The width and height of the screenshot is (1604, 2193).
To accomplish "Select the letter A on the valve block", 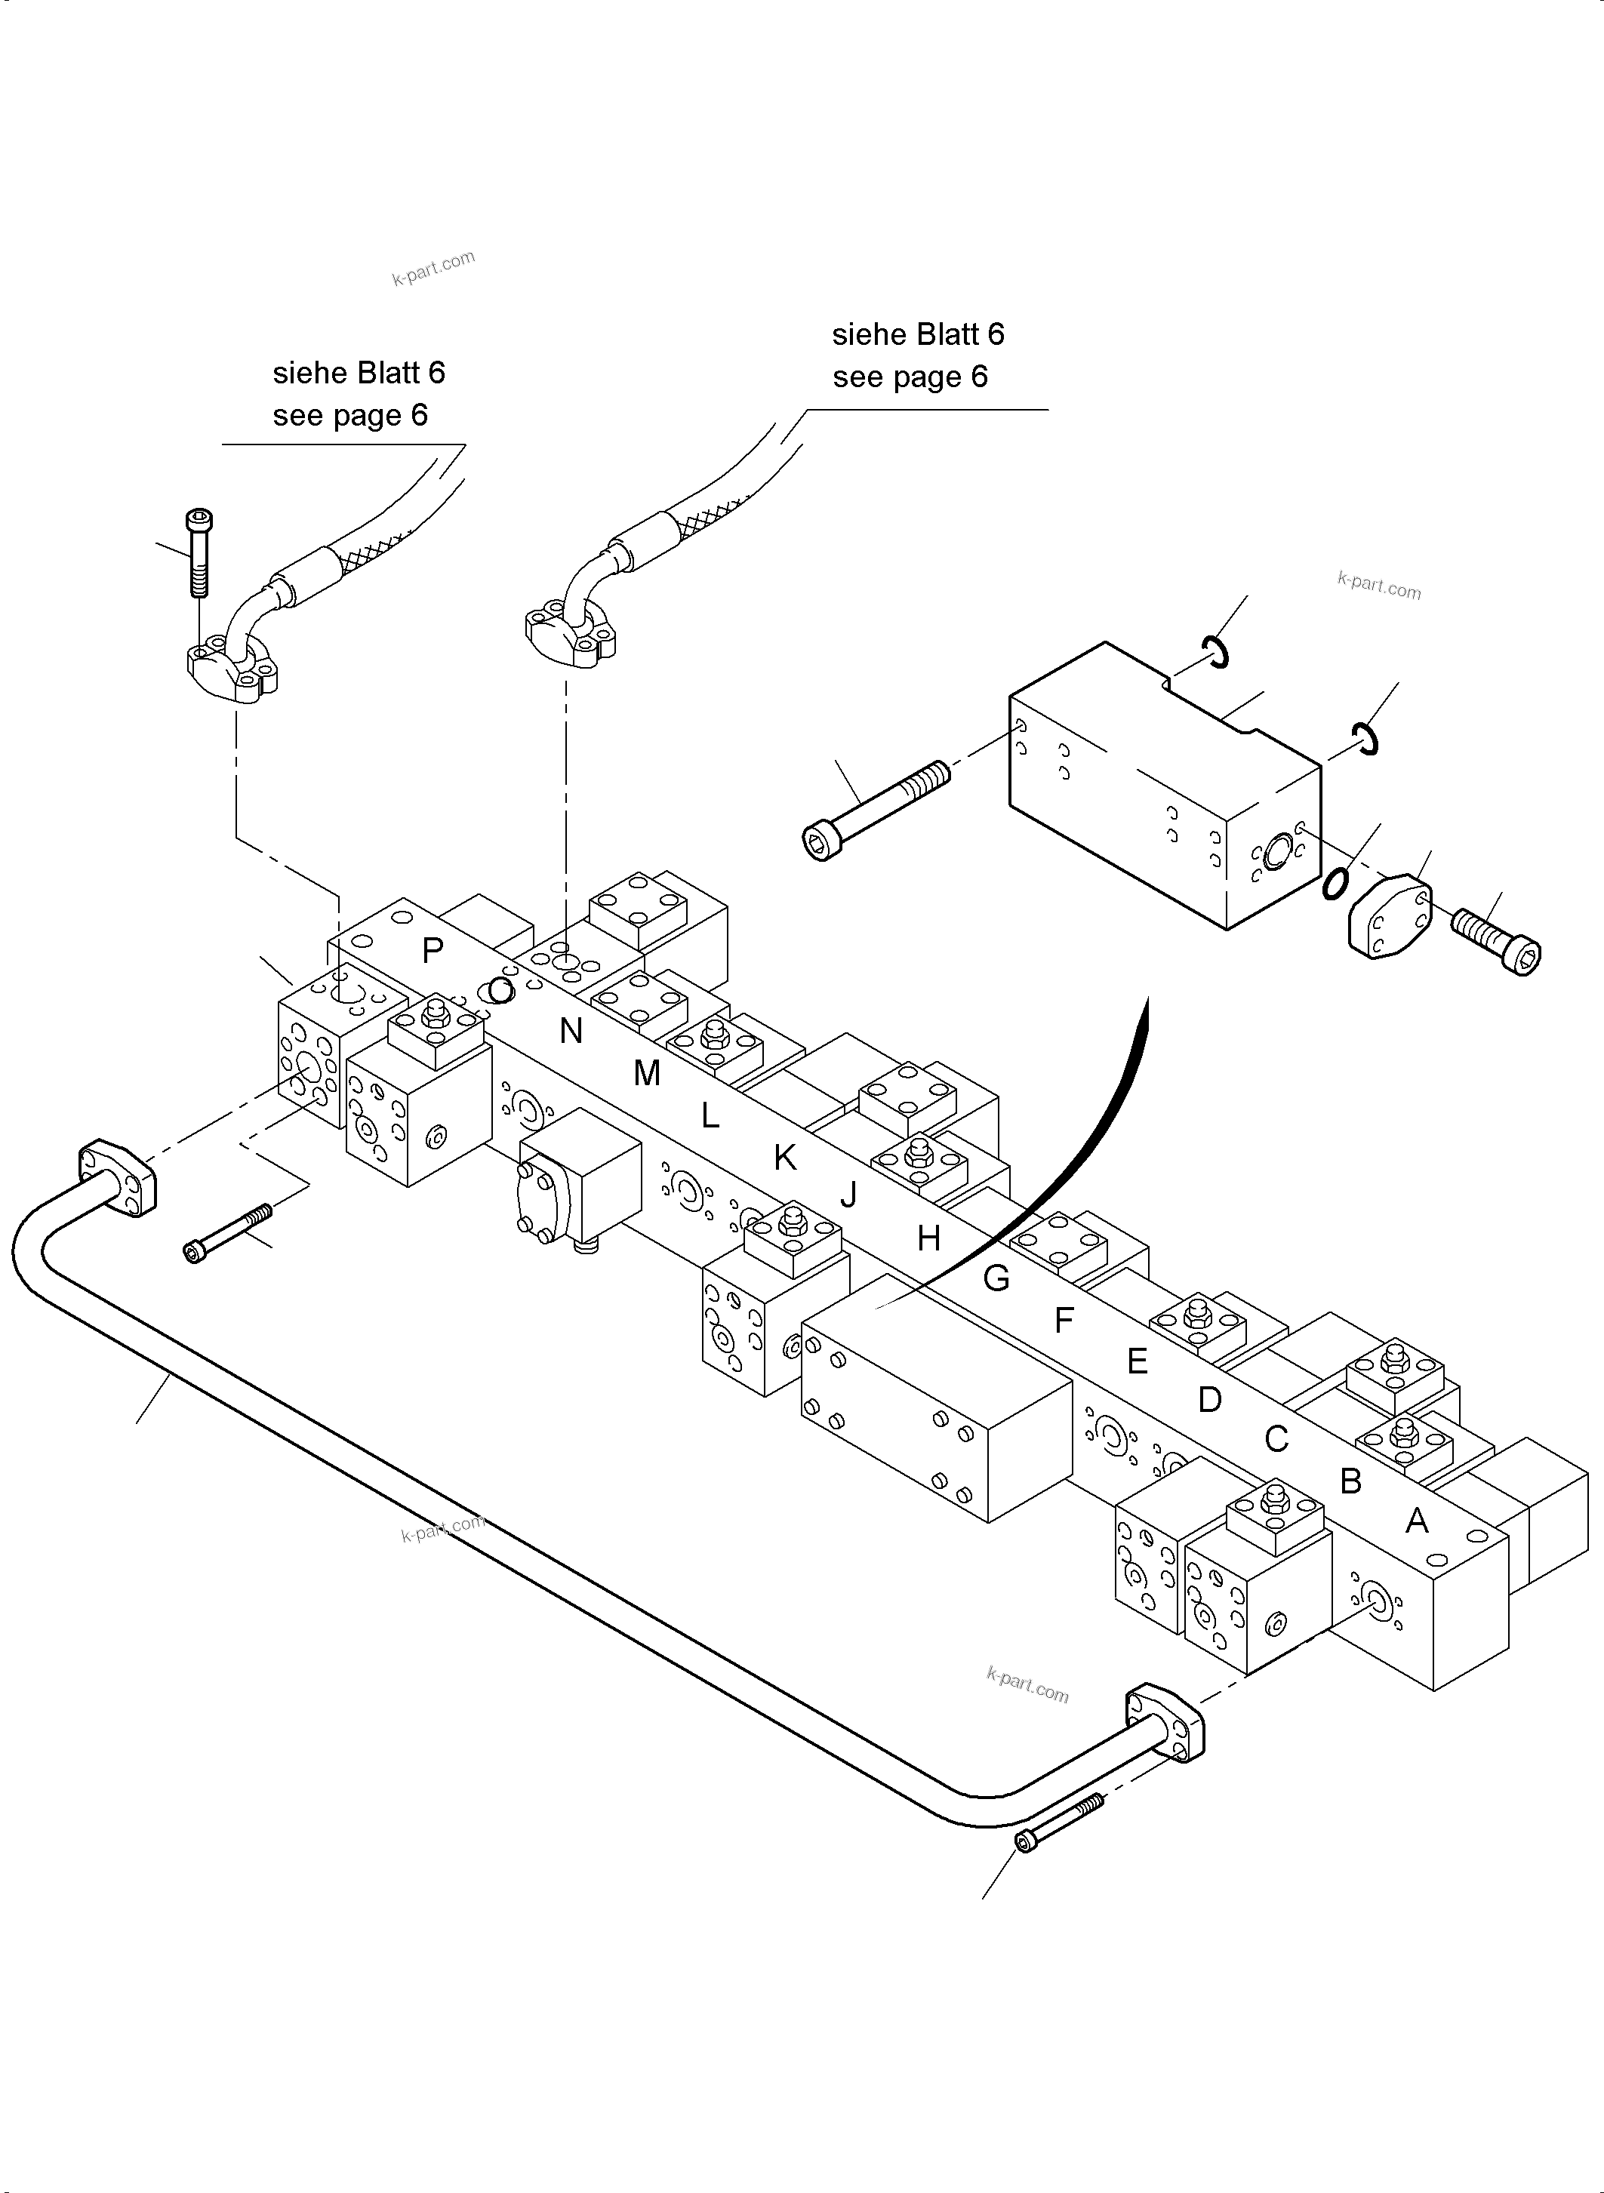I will (x=1417, y=1521).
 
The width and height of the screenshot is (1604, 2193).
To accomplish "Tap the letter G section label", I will (x=996, y=1278).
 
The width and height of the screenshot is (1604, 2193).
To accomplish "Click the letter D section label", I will (x=1208, y=1399).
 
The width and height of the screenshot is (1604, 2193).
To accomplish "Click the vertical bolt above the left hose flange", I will (x=200, y=553).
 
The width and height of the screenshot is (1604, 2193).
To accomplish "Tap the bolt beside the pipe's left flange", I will (x=228, y=1233).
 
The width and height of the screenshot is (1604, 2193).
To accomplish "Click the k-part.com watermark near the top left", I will (x=433, y=267).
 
